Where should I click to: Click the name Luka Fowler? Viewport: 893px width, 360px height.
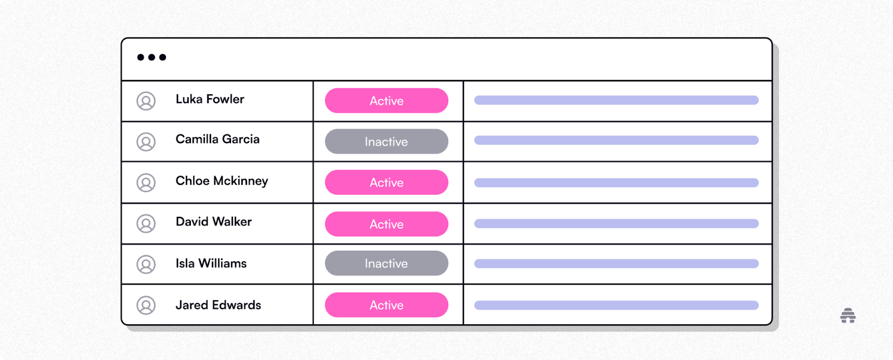[x=210, y=99]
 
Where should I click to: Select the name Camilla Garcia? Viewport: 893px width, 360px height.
[x=218, y=139]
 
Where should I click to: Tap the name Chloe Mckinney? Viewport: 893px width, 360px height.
[x=222, y=181]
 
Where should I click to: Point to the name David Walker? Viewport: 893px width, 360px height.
[x=214, y=222]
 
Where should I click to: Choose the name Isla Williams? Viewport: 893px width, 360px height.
[x=212, y=263]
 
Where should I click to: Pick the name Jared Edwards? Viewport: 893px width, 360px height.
[x=218, y=305]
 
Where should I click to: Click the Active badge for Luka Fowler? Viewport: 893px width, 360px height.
[x=386, y=100]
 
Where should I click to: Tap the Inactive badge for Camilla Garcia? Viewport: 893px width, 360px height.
[x=386, y=142]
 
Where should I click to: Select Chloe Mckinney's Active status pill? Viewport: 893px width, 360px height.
[x=386, y=183]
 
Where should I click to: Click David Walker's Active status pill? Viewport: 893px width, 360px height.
[x=386, y=224]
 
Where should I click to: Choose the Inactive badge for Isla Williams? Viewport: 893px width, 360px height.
[x=386, y=263]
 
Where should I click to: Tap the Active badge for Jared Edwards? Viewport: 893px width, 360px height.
[x=386, y=305]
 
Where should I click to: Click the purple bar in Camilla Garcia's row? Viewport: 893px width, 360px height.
[x=616, y=140]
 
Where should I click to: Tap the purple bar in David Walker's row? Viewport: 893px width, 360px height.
[x=616, y=224]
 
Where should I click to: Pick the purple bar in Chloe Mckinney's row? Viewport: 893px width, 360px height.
[x=616, y=183]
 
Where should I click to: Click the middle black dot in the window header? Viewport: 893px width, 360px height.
[x=151, y=57]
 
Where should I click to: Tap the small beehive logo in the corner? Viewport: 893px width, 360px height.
[x=848, y=315]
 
